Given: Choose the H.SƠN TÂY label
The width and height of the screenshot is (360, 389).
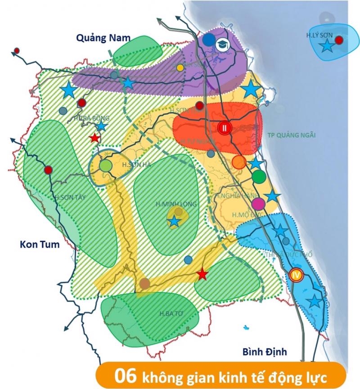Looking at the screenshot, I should pyautogui.click(x=69, y=197).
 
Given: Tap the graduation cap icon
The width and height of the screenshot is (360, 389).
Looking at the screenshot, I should pyautogui.click(x=222, y=44).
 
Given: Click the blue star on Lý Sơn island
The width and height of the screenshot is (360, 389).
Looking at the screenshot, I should pyautogui.click(x=327, y=45).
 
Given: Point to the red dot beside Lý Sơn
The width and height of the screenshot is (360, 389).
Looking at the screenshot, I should pyautogui.click(x=340, y=40).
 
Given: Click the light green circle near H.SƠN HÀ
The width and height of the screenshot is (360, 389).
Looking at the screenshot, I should pyautogui.click(x=105, y=166).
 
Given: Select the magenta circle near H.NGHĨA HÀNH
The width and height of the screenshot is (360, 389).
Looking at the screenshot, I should pyautogui.click(x=257, y=204).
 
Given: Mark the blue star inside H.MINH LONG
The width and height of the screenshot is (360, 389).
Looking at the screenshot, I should pyautogui.click(x=174, y=221).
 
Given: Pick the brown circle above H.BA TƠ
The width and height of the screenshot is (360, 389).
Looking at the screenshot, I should pyautogui.click(x=144, y=284).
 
